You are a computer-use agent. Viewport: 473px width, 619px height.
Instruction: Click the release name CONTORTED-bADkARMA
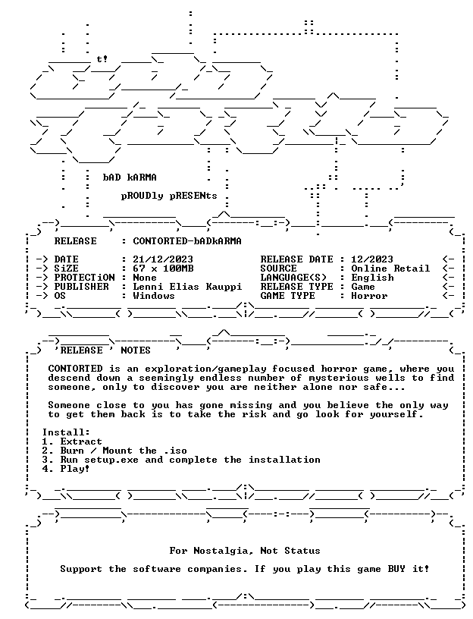tap(187, 240)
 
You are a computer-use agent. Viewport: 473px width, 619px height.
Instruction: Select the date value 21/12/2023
tap(163, 259)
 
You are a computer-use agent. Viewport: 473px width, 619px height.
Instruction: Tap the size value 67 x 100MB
tap(163, 269)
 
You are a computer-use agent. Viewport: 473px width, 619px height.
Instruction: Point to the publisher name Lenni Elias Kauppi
tap(187, 287)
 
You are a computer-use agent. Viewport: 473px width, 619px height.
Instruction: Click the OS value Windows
tap(154, 296)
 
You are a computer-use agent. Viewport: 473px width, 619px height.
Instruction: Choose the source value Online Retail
tap(390, 269)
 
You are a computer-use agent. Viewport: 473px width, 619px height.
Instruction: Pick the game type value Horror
tap(370, 296)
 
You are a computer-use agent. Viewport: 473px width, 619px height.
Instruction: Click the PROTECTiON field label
tap(84, 278)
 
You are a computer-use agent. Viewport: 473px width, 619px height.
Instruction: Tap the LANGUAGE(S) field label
tap(293, 278)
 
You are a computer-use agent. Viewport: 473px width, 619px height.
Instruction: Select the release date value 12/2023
tap(372, 259)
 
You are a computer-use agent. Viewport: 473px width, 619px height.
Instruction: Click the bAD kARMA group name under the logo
tap(130, 178)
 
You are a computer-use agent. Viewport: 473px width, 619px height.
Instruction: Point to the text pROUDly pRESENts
tap(169, 196)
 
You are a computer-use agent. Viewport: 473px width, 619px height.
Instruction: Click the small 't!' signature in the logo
tap(102, 59)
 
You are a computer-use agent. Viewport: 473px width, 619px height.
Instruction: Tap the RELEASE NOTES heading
tap(102, 350)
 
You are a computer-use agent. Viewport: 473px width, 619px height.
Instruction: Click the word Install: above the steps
tap(66, 432)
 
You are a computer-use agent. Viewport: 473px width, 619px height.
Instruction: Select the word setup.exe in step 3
tap(111, 460)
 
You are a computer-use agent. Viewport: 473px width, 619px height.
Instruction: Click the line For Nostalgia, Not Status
tap(245, 551)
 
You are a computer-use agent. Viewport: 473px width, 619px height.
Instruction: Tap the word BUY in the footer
tap(396, 569)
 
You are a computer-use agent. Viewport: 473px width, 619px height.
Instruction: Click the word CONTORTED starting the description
tap(75, 369)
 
